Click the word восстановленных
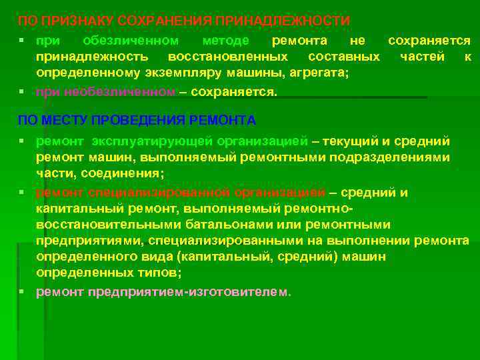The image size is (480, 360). coord(228,57)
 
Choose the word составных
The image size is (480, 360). coord(340,57)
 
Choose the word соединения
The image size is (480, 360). coord(123,173)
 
